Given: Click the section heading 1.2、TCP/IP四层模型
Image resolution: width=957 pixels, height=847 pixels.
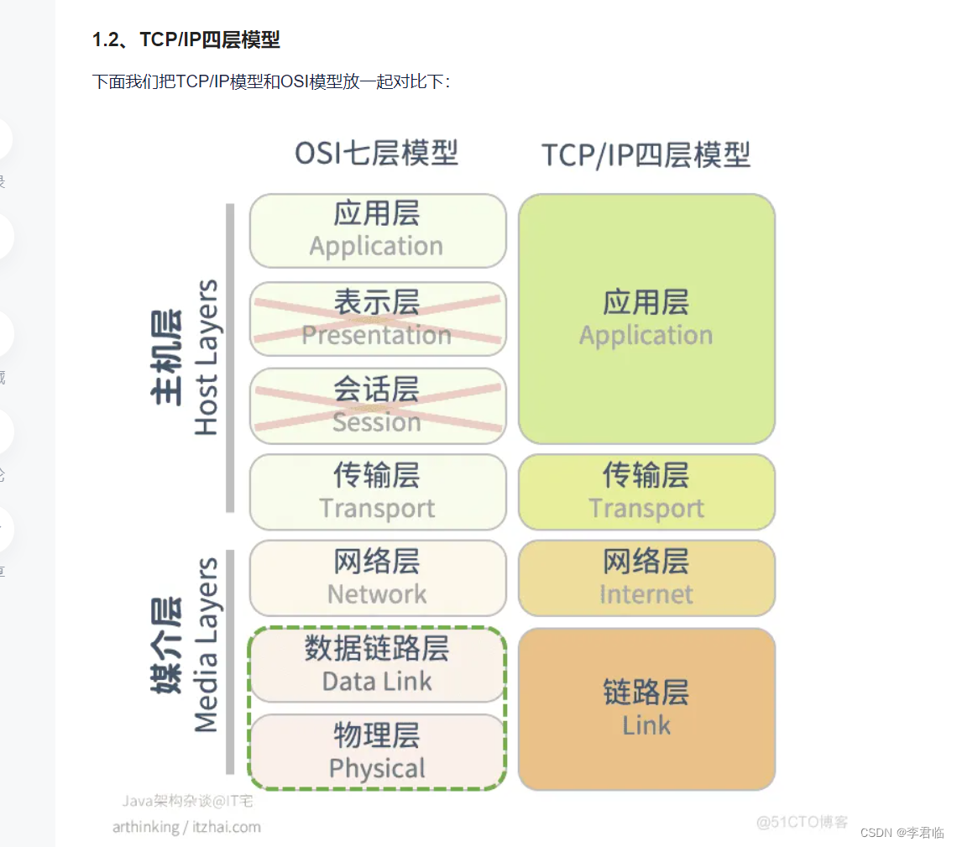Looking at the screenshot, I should click(x=186, y=39).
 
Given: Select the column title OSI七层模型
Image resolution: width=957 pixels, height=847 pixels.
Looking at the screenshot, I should click(x=376, y=154).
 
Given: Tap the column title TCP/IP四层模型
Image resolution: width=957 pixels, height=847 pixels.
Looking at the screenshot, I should click(x=646, y=155).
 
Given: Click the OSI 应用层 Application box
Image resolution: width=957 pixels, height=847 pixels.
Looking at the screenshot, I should click(x=378, y=230).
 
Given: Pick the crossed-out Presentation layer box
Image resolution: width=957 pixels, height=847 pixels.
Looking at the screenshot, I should click(x=378, y=318).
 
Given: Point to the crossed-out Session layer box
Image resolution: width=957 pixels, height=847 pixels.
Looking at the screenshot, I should click(x=378, y=405).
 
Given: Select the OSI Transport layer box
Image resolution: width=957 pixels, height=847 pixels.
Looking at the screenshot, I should click(x=378, y=492).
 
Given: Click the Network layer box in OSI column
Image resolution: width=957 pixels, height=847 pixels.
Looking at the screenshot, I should click(x=378, y=578).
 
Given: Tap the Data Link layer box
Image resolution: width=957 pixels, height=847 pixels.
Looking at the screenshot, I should click(x=378, y=665).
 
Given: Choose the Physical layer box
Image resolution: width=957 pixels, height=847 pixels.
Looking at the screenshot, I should click(x=378, y=751).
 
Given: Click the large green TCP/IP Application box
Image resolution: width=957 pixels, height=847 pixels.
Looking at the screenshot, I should click(x=646, y=318).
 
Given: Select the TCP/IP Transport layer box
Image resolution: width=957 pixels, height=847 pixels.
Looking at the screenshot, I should click(x=646, y=492).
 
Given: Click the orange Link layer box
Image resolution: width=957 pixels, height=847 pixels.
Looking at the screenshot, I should click(x=646, y=708).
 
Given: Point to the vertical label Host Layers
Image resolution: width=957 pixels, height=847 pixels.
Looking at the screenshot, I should click(x=206, y=357).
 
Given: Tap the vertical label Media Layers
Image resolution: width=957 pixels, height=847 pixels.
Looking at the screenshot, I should click(x=206, y=645).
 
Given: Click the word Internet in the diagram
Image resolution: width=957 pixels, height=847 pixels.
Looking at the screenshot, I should click(x=646, y=594).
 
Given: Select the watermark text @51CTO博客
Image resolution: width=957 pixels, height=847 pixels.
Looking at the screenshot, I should click(x=802, y=822).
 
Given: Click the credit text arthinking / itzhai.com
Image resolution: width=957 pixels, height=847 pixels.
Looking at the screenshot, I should click(x=186, y=827).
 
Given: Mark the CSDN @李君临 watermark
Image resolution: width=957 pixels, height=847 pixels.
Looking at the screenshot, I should click(x=902, y=832).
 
